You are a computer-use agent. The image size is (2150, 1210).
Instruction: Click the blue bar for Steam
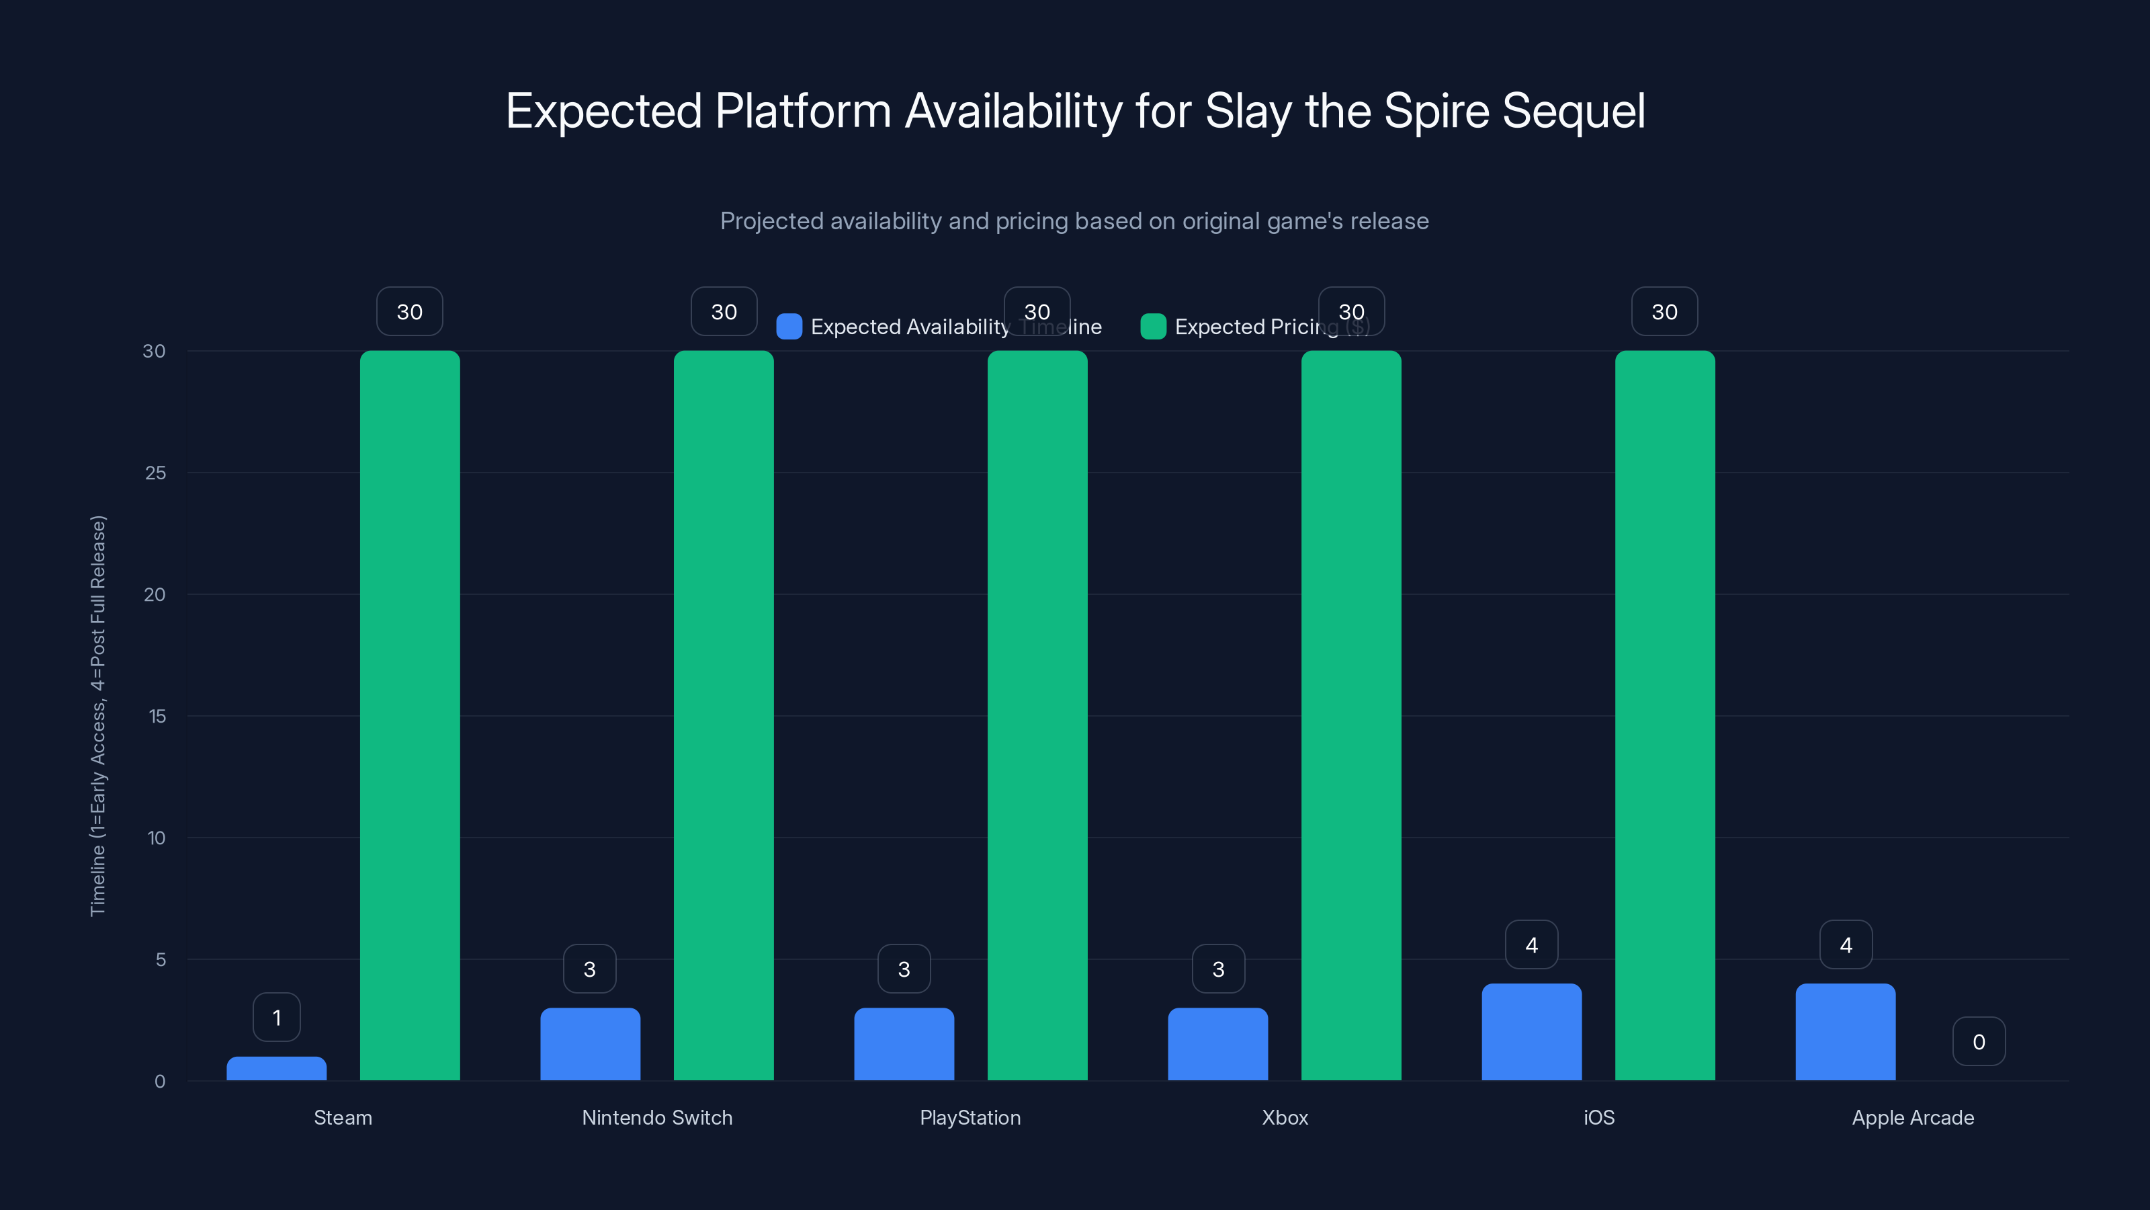pos(276,1068)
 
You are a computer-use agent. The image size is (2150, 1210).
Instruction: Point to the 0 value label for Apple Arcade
pos(1978,1041)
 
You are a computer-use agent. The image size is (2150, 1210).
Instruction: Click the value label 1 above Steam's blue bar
pos(276,1017)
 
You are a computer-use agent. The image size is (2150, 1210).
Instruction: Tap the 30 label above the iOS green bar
pos(1664,311)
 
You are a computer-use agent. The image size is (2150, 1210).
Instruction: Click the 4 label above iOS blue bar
pos(1532,944)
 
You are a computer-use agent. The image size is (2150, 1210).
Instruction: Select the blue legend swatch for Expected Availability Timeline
pos(789,327)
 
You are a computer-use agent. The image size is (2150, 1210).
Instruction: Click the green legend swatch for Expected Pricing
pos(1153,327)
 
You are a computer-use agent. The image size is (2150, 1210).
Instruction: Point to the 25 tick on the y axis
pos(155,473)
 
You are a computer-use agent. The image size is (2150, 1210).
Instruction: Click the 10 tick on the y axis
pos(156,838)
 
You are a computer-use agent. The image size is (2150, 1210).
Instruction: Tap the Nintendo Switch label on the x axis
pos(657,1117)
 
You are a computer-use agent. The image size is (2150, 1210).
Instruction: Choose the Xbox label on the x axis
pos(1285,1117)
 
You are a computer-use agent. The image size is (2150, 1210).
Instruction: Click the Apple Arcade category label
pos(1912,1117)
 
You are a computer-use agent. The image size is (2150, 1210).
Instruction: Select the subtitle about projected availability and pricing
pos(1074,221)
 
